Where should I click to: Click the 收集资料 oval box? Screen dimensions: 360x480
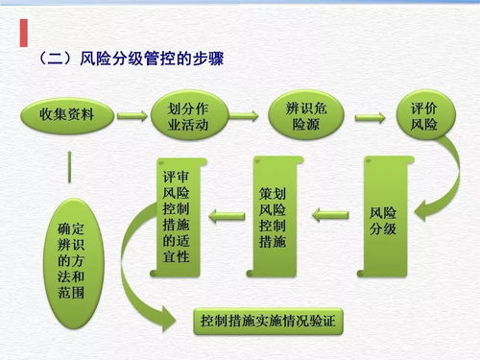point(67,116)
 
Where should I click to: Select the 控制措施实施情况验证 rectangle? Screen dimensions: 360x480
point(268,320)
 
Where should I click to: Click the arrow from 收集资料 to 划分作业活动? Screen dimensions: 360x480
point(131,116)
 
